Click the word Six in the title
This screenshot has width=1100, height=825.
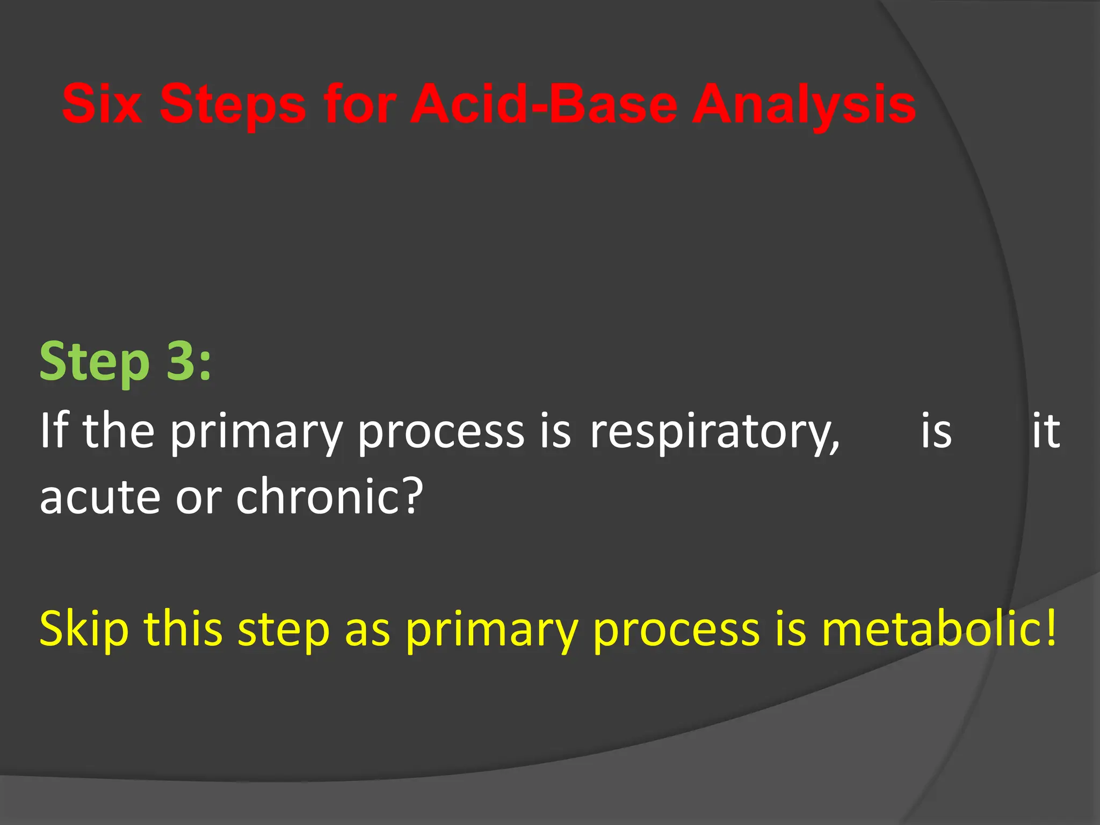coord(102,104)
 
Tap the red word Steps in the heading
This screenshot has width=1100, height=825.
coord(233,104)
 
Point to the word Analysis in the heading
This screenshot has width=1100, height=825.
coord(804,104)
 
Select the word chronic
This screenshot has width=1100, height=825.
coord(316,495)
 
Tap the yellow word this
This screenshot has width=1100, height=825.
coord(183,628)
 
